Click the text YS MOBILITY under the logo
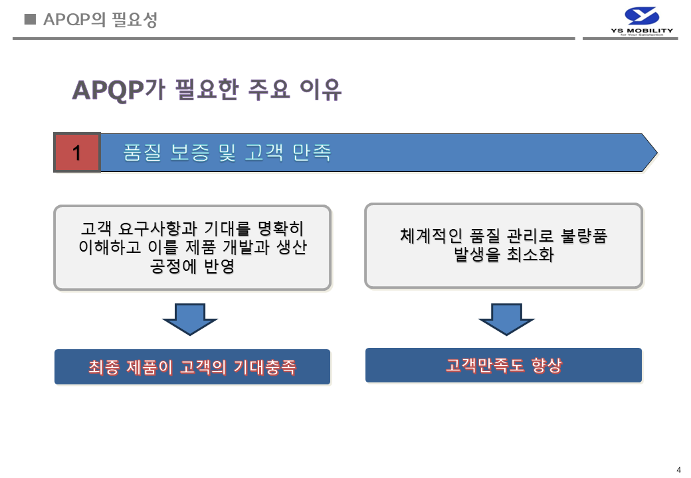click(x=641, y=31)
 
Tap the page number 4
click(x=678, y=469)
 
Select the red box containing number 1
click(x=76, y=153)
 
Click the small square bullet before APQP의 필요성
click(x=29, y=19)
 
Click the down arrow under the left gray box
click(x=191, y=319)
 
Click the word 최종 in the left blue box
click(x=103, y=367)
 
